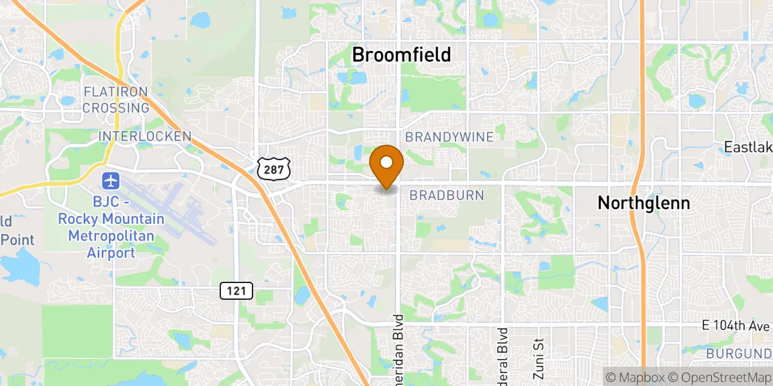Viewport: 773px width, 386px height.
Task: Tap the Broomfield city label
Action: pyautogui.click(x=401, y=55)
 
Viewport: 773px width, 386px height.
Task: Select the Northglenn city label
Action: pyautogui.click(x=644, y=203)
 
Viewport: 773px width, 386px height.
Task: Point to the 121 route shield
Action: pyautogui.click(x=236, y=291)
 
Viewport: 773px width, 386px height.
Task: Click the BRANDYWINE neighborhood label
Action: pyautogui.click(x=450, y=137)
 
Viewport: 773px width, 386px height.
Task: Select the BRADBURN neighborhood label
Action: pyautogui.click(x=446, y=195)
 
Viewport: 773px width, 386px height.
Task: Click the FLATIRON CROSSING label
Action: pyautogui.click(x=116, y=100)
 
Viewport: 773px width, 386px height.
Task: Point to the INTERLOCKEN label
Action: pyautogui.click(x=145, y=136)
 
